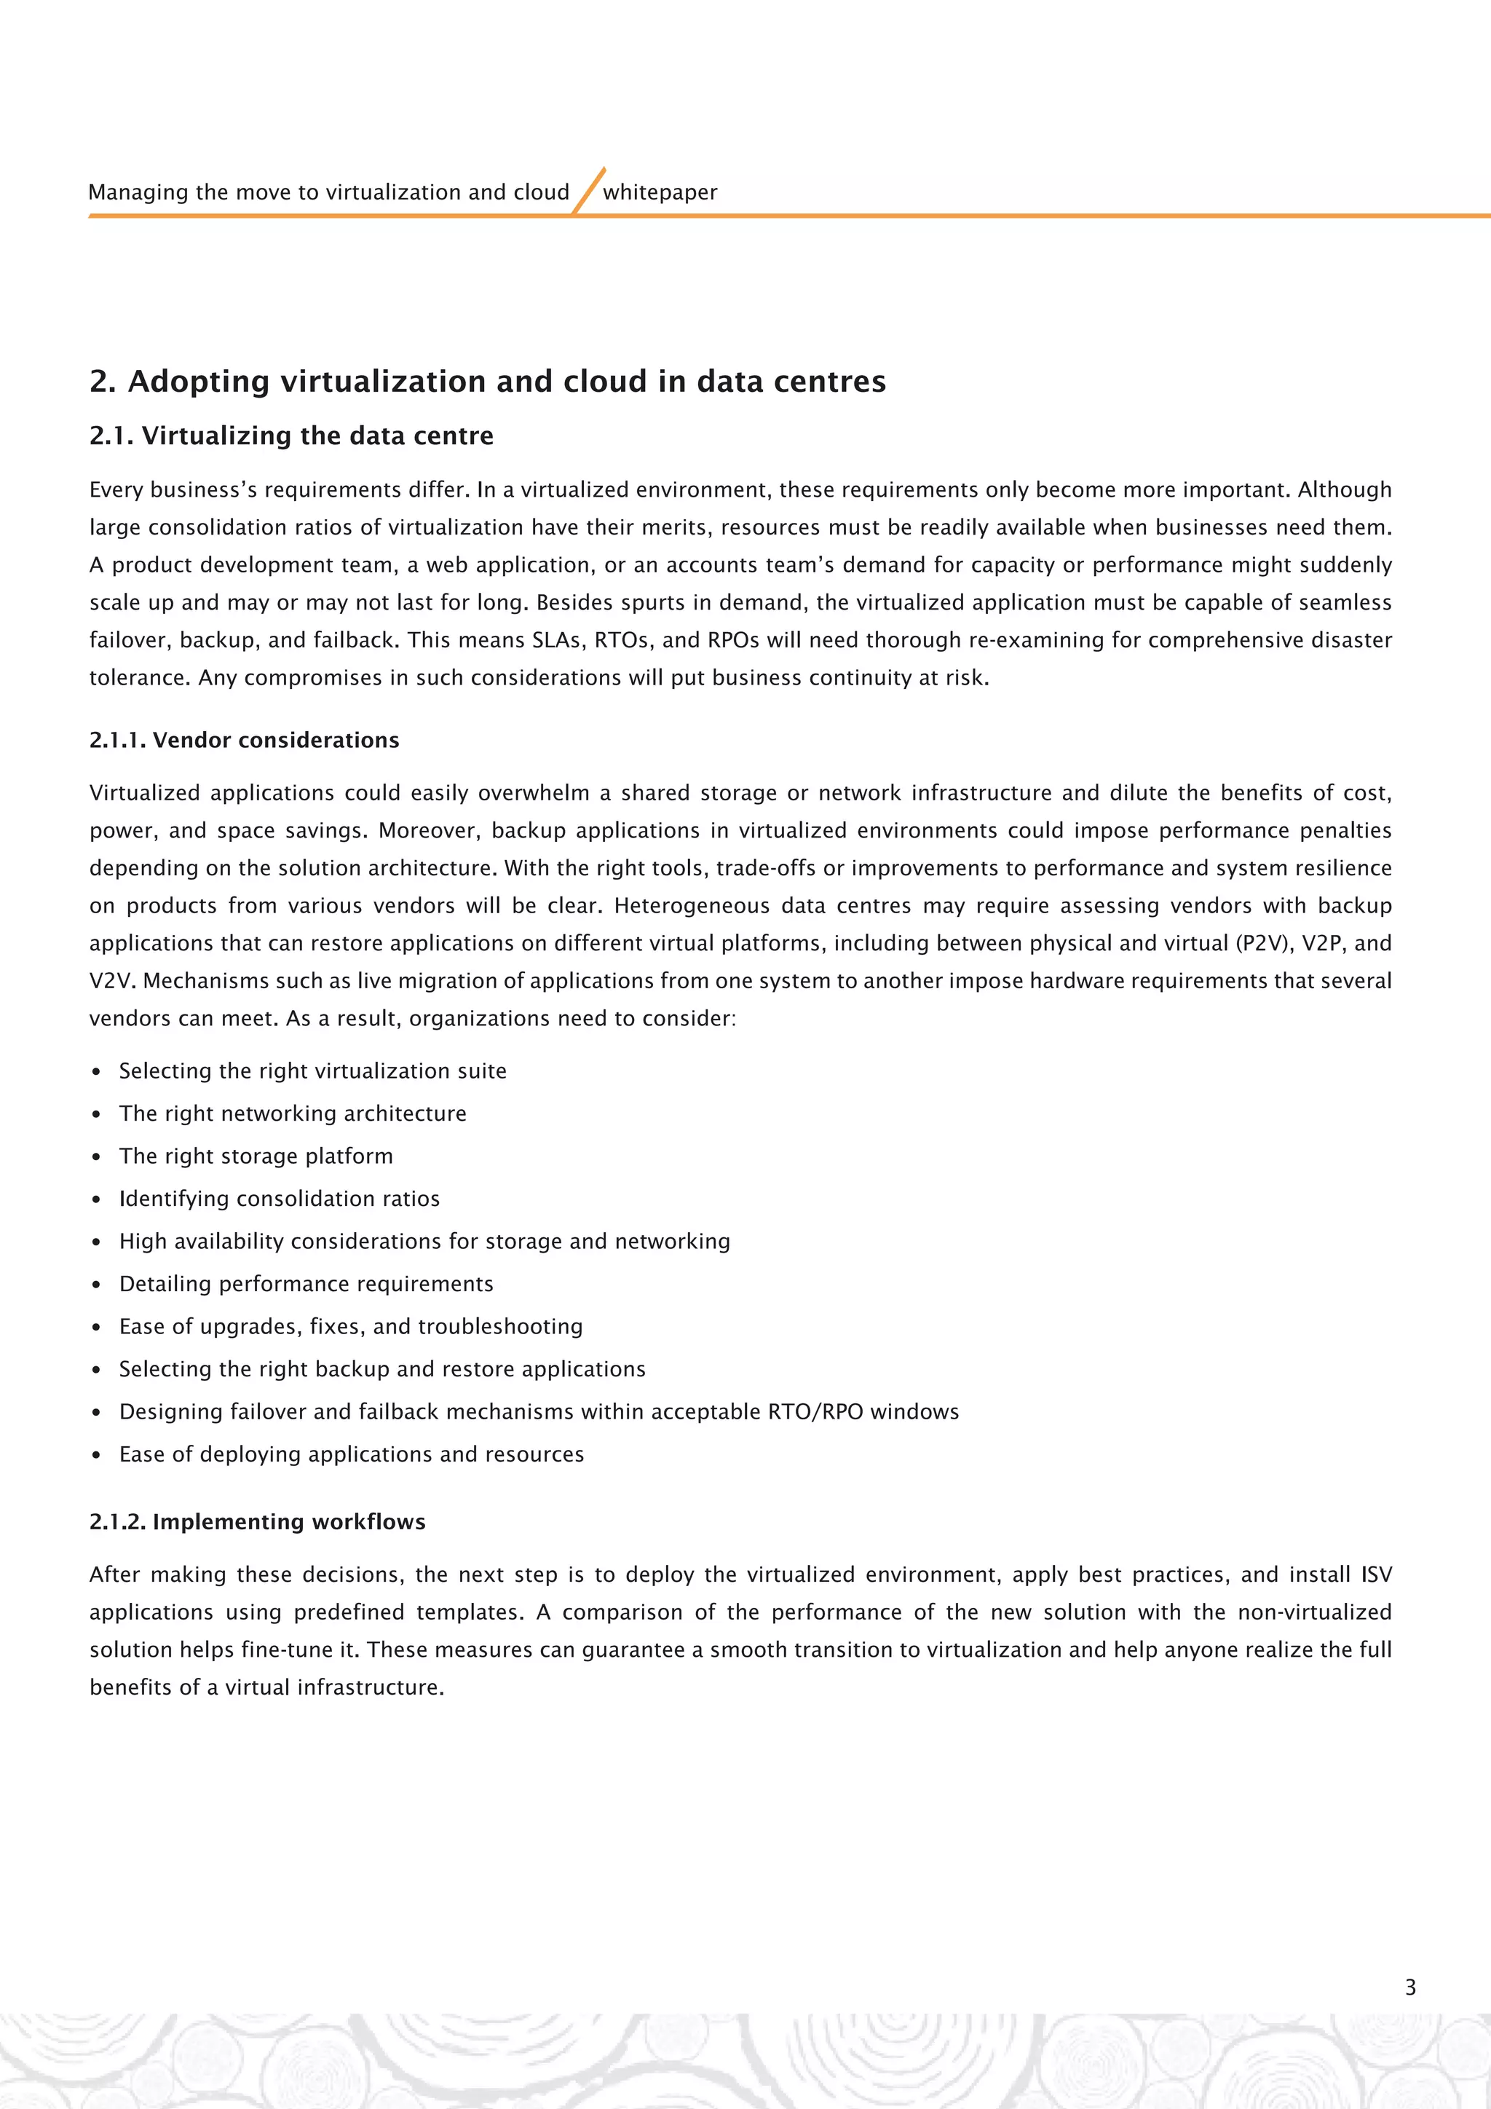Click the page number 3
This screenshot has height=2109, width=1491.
(1410, 1987)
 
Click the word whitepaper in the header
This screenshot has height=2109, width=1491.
(660, 192)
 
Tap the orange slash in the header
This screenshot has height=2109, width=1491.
(588, 190)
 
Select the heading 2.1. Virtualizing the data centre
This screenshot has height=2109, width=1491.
(291, 435)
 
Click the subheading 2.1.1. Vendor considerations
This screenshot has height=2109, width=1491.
(244, 741)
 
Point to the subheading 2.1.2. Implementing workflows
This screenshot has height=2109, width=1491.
(257, 1522)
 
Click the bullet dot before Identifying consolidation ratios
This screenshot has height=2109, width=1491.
(96, 1199)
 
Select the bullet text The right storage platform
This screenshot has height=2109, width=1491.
(256, 1156)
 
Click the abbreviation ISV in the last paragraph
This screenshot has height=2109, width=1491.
(1375, 1575)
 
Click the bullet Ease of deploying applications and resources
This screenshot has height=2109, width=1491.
(351, 1454)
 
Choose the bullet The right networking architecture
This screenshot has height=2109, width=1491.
(292, 1113)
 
